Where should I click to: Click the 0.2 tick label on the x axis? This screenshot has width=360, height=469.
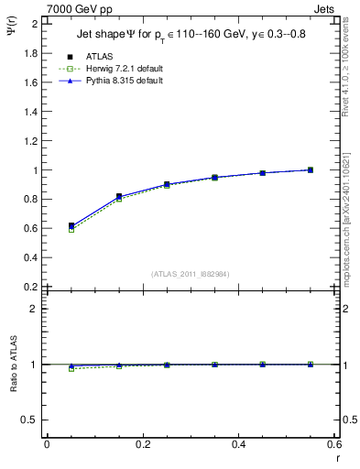(x=142, y=444)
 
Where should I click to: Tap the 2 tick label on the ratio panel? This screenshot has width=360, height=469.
(x=33, y=309)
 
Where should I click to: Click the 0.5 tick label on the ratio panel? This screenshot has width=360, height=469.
(x=28, y=420)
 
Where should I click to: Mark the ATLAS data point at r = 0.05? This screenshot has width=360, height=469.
(x=71, y=225)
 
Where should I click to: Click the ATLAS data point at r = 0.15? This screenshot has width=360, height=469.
(x=119, y=197)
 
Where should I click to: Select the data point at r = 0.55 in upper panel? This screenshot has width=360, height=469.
(x=310, y=169)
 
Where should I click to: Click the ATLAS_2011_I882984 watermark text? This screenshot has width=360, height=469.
(x=190, y=273)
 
